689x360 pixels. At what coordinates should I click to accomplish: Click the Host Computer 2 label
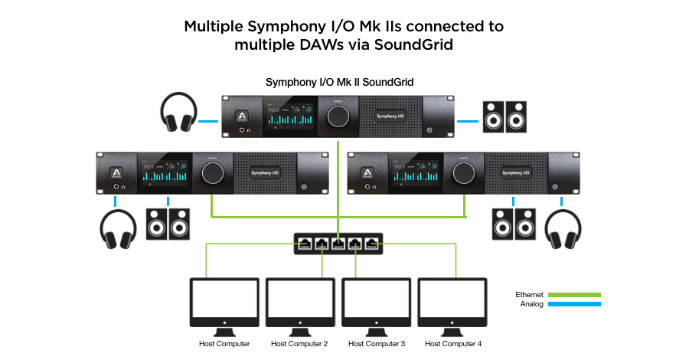[299, 344]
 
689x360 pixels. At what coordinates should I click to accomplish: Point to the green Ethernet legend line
[575, 294]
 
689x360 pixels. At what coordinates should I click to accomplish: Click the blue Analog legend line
[575, 304]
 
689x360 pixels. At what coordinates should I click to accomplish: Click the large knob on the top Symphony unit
[337, 116]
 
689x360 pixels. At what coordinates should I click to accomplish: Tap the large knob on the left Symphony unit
[211, 172]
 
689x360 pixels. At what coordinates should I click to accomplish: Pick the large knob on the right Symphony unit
[462, 172]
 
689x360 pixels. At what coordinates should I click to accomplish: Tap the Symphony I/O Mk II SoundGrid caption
[340, 82]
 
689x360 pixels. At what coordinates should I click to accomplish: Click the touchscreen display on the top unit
[291, 116]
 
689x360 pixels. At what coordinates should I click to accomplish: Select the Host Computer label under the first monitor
[224, 344]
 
